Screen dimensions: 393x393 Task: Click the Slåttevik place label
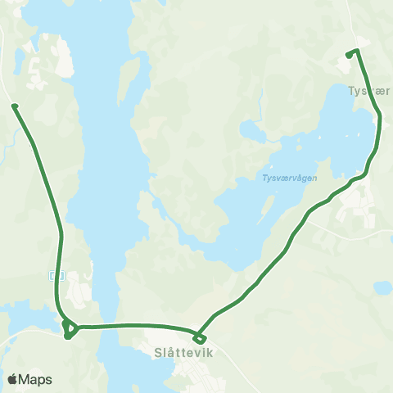point(183,354)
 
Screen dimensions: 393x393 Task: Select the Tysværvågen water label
point(289,178)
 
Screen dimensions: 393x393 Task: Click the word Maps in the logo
point(35,379)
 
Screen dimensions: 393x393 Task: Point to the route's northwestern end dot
point(14,105)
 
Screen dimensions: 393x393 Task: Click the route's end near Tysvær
point(350,55)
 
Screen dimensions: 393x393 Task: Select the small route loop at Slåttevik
point(199,337)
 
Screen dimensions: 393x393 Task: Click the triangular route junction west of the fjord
point(70,329)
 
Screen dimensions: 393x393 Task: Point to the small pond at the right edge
point(382,287)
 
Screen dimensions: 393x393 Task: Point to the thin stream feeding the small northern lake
point(260,102)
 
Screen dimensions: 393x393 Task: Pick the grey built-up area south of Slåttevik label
point(196,375)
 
